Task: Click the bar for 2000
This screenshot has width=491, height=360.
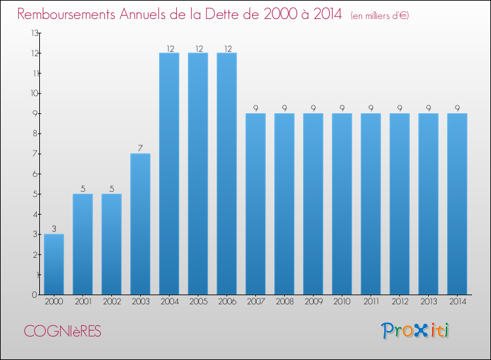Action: point(54,264)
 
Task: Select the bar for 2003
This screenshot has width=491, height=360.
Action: point(140,224)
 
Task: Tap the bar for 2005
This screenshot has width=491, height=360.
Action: point(198,173)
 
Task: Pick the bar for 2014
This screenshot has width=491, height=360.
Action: point(457,204)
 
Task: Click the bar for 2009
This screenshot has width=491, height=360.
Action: point(313,204)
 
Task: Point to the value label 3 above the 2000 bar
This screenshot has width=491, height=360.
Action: point(54,228)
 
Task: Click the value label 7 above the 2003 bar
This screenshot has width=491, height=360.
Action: point(140,148)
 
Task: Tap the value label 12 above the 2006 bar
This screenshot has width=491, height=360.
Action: point(227,47)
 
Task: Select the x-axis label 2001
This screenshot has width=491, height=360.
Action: point(82,302)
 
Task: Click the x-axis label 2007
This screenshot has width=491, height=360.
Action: point(255,302)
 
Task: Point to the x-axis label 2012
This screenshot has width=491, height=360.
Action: point(399,302)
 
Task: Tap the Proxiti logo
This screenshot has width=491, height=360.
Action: point(416,331)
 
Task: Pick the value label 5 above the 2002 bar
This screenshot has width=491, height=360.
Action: point(111,189)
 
